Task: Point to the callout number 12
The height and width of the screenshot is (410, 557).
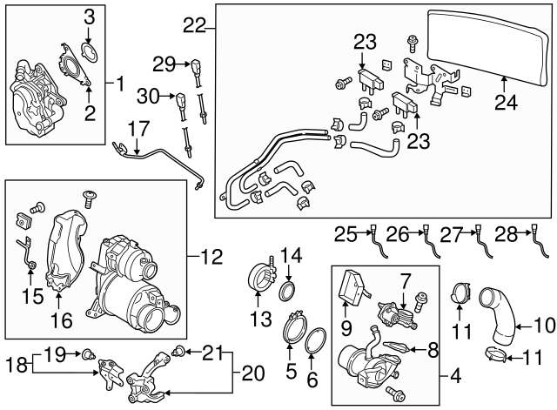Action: coord(211,257)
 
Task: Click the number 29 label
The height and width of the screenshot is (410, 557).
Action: coord(164,63)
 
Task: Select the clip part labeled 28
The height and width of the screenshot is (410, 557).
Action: coord(534,244)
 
